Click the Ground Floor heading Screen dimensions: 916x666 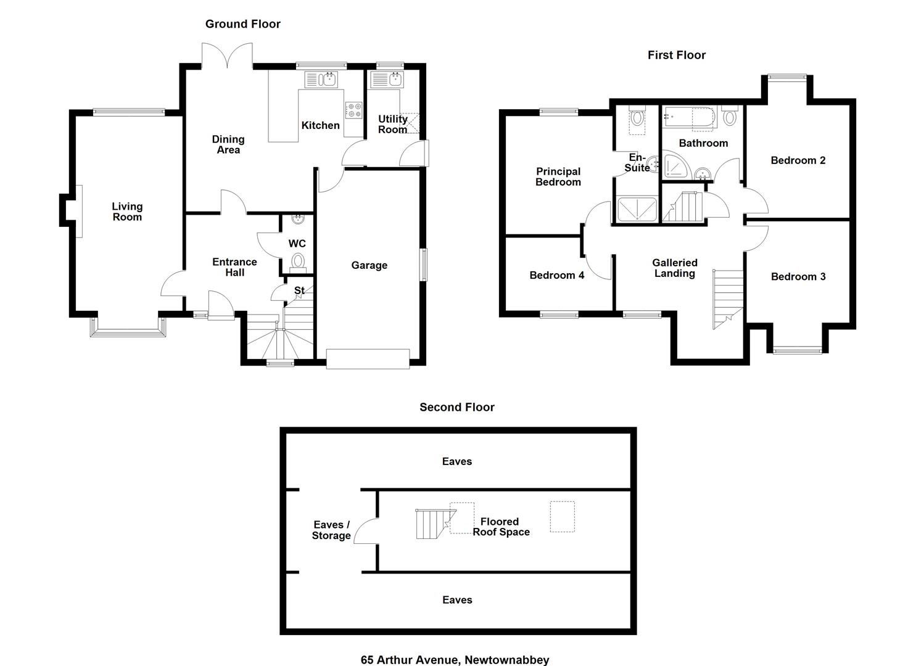click(243, 24)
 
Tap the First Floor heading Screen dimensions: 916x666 click(677, 55)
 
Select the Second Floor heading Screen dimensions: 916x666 click(457, 407)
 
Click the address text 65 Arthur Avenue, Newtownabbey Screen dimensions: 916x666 click(455, 660)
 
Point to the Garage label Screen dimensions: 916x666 click(369, 265)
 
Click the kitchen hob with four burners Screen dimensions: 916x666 click(353, 110)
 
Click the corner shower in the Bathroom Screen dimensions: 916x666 click(675, 165)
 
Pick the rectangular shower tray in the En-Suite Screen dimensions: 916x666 click(637, 209)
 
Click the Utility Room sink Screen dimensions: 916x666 click(387, 80)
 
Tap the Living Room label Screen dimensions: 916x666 click(127, 212)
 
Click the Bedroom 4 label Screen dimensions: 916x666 click(556, 275)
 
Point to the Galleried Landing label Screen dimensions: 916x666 click(675, 268)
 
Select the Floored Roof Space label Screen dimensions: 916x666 click(501, 527)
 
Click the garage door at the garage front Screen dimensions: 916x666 click(368, 359)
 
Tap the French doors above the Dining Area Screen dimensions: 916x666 click(227, 55)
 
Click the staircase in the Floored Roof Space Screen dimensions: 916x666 click(435, 524)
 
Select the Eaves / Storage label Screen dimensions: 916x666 click(331, 530)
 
